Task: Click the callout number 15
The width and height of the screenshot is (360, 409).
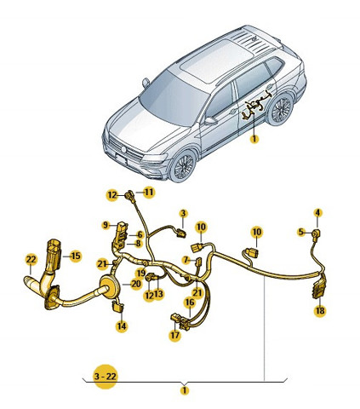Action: [x=76, y=256]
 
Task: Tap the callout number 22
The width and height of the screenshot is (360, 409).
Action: [x=31, y=259]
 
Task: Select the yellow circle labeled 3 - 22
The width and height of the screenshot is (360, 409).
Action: [x=106, y=377]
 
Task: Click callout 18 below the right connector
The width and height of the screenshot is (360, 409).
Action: [x=320, y=310]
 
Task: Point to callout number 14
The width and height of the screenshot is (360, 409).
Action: [x=122, y=326]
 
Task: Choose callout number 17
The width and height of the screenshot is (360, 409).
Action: [x=174, y=335]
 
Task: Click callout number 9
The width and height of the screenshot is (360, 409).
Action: [x=106, y=225]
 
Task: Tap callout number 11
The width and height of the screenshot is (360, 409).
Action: [x=149, y=193]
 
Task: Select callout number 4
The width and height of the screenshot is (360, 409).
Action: [x=317, y=212]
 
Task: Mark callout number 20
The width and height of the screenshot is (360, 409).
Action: [x=136, y=284]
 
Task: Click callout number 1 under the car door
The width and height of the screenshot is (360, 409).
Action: [x=254, y=139]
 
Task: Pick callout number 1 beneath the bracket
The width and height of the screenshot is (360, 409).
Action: [x=185, y=390]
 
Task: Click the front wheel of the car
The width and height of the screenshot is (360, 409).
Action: [x=184, y=165]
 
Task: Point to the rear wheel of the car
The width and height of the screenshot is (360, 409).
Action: [x=281, y=109]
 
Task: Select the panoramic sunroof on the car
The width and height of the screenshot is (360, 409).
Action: [x=215, y=60]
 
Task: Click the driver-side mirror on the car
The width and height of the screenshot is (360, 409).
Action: [x=210, y=120]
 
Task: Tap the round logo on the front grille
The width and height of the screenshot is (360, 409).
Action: [x=123, y=149]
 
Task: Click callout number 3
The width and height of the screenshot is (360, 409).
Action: [x=183, y=213]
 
